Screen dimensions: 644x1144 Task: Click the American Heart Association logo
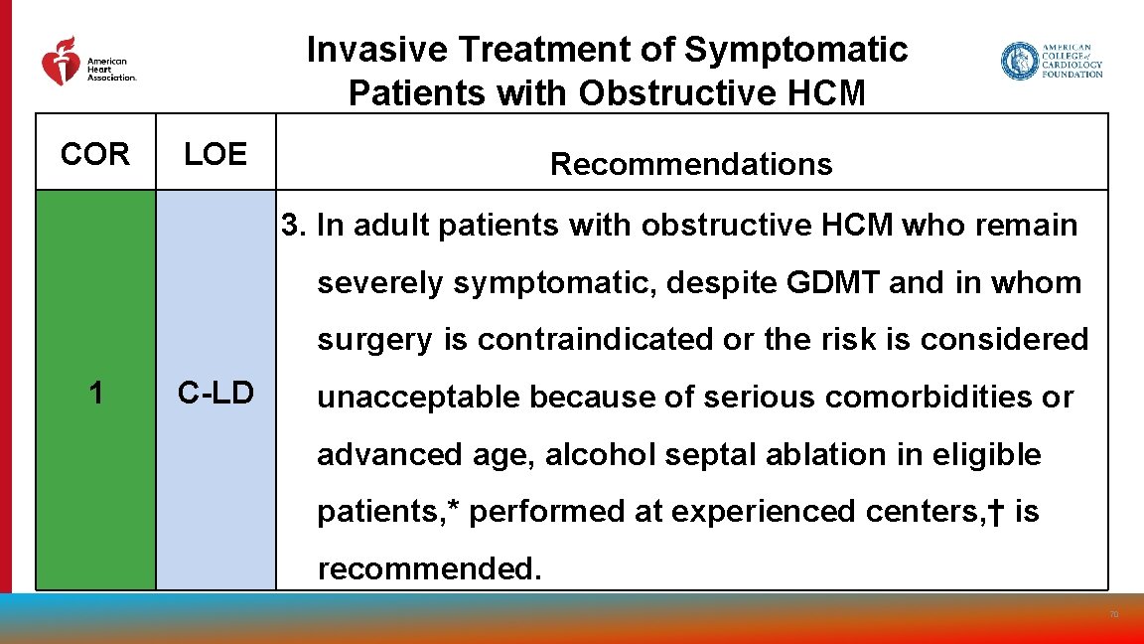87,62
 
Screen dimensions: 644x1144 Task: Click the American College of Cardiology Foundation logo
1051,62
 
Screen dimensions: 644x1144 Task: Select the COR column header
95,154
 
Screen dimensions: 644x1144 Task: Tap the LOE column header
215,154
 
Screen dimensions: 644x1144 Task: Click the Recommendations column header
691,164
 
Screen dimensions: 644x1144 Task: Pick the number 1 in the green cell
95,394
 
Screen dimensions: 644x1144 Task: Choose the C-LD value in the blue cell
215,394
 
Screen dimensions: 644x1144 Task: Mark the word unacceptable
419,398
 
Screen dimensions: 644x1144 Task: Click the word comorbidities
914,398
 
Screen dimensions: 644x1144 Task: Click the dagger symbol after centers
996,511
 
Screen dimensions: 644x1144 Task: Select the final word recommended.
429,568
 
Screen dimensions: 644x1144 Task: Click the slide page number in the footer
1113,615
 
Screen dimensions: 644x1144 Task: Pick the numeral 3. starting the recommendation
294,226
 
